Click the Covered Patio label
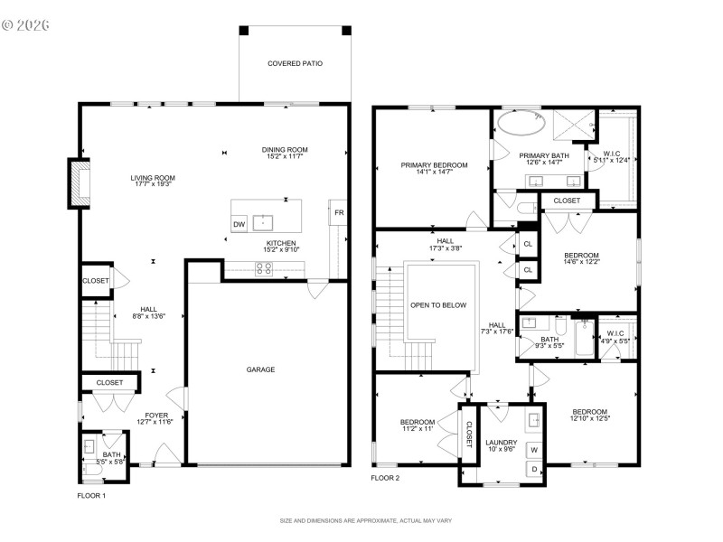295,63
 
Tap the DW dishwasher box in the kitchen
239,224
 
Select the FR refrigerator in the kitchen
338,213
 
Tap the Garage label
261,369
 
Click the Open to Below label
438,305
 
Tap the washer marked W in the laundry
533,449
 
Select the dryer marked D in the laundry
533,469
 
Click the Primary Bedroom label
435,165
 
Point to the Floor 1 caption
91,496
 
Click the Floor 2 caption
385,478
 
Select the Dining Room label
285,150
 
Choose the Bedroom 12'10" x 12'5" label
588,411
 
